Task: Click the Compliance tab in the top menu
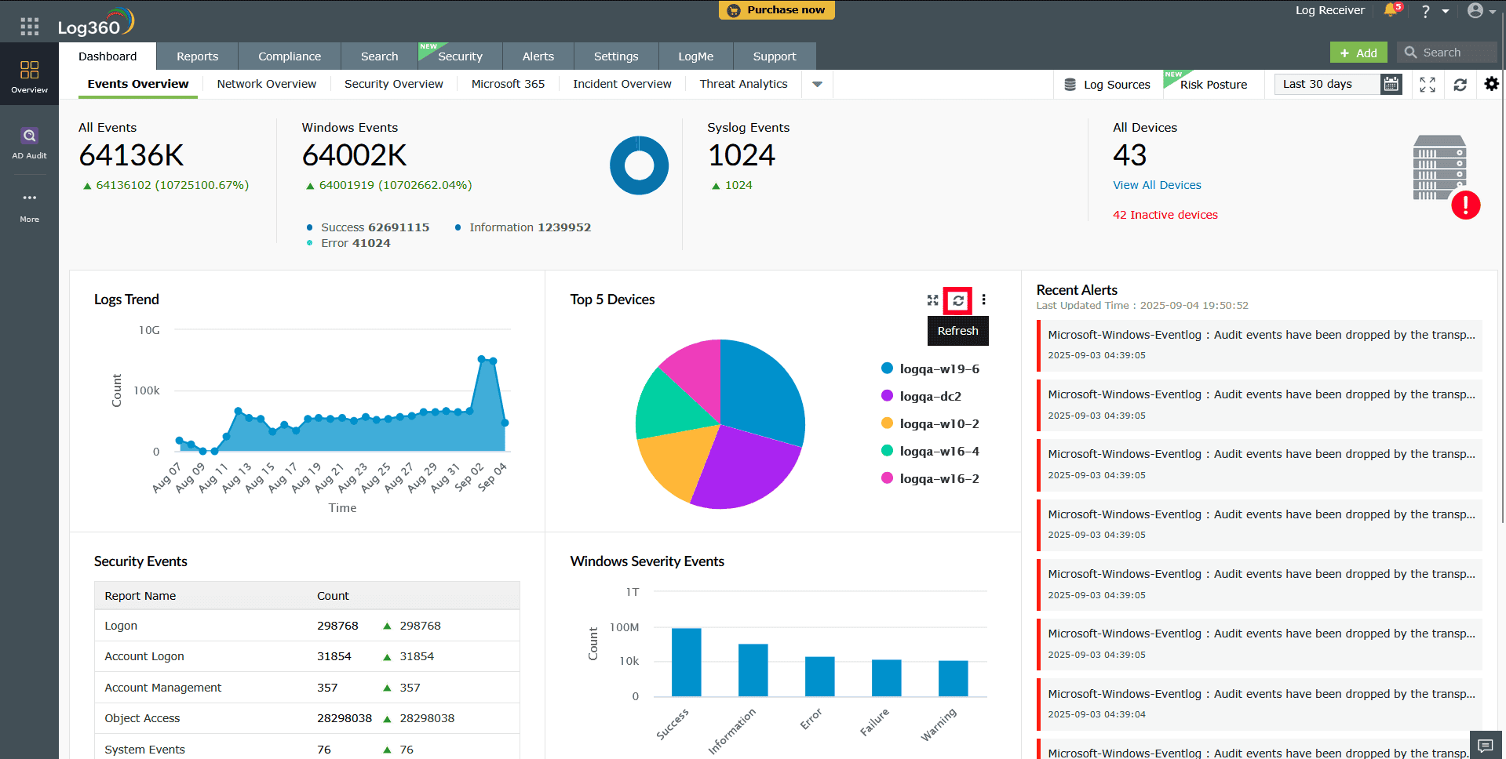pos(289,56)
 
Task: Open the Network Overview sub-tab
pos(266,84)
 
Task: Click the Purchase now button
pos(776,10)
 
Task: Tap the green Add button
pos(1358,53)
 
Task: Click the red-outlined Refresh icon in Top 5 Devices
pos(957,300)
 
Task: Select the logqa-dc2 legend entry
pos(930,397)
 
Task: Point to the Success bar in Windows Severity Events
pos(686,662)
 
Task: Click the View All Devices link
pos(1156,185)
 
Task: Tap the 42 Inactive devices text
pos(1165,215)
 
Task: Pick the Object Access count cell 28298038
pos(344,718)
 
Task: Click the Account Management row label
pos(162,688)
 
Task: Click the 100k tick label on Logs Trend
pos(146,390)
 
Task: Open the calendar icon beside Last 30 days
pos(1391,84)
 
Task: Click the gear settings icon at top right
pos(1491,84)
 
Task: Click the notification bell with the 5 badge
pos(1391,10)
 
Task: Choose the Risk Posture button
pos(1212,85)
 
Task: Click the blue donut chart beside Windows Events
pos(639,165)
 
